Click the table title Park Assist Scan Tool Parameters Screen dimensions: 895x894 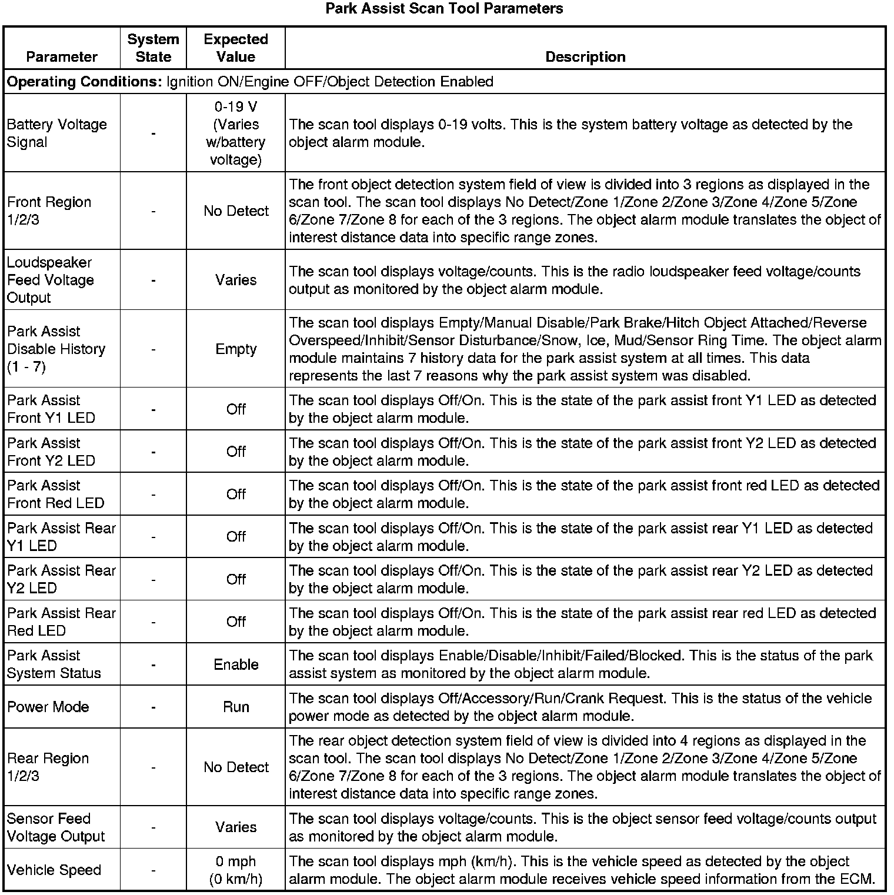(444, 9)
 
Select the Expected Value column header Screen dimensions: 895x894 (236, 48)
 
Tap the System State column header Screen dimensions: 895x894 (153, 48)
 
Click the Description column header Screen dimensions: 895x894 (585, 57)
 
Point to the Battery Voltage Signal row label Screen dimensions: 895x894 (56, 133)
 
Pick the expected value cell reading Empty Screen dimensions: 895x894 (236, 349)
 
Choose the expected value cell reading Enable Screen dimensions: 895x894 (236, 665)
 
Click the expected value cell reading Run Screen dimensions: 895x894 (236, 707)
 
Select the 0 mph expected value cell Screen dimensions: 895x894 (236, 870)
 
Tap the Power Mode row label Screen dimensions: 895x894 (48, 707)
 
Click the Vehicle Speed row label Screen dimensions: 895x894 (54, 870)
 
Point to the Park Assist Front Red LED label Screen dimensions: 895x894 (55, 495)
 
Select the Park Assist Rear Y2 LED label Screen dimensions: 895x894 (61, 580)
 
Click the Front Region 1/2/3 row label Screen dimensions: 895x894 (49, 211)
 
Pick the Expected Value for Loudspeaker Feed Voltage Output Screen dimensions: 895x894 (236, 280)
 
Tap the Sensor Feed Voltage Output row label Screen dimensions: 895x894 (56, 828)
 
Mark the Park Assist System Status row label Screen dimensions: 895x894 (54, 665)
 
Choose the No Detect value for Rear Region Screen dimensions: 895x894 (236, 767)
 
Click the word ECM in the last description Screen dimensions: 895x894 (859, 879)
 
